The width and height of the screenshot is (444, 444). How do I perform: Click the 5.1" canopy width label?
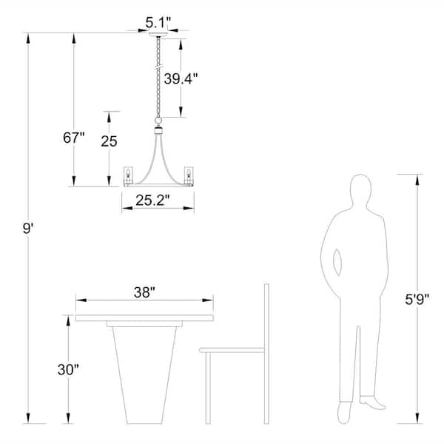tap(158, 23)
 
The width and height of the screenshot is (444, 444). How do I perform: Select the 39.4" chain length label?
tap(181, 78)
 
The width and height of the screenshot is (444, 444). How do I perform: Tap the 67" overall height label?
tap(74, 138)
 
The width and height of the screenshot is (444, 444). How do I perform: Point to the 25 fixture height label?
tap(109, 141)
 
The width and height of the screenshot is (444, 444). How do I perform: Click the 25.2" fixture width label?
tap(152, 201)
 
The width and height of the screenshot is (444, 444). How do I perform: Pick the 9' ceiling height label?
tap(28, 228)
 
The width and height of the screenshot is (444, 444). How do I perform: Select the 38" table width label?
tap(145, 292)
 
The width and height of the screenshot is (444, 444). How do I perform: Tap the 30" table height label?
tap(68, 369)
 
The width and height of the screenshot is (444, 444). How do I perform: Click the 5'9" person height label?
tap(417, 299)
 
